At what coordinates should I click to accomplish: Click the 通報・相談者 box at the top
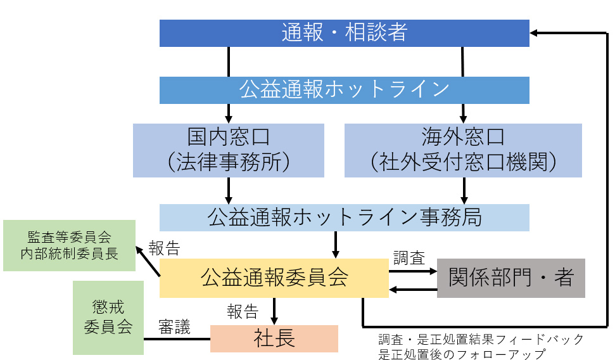(x=344, y=33)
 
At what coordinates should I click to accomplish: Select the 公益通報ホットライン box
(x=344, y=90)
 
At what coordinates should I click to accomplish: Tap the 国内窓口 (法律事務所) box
(x=229, y=150)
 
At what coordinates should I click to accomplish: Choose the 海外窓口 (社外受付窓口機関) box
(x=463, y=150)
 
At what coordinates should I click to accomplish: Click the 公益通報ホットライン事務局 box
(x=344, y=217)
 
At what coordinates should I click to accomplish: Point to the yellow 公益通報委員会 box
(x=274, y=278)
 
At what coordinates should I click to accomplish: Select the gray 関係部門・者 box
(x=511, y=278)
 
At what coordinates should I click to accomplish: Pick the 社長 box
(x=274, y=338)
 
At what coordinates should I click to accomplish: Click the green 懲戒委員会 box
(x=108, y=318)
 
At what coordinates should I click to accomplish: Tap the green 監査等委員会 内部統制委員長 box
(x=69, y=245)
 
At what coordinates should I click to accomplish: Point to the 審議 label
(x=174, y=327)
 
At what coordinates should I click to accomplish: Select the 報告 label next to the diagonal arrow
(x=164, y=247)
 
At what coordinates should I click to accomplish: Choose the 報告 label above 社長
(x=243, y=311)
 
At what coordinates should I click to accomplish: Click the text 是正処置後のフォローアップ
(x=456, y=354)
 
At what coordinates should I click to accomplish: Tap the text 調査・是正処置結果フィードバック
(x=481, y=339)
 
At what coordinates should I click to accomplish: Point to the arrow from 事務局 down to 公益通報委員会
(x=336, y=244)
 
